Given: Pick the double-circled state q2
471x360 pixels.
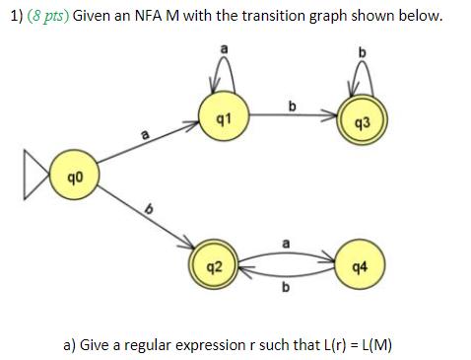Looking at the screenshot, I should pyautogui.click(x=214, y=265).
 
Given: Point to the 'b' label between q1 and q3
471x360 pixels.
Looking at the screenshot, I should pyautogui.click(x=291, y=106).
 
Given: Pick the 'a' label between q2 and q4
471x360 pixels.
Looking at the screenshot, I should pyautogui.click(x=286, y=240).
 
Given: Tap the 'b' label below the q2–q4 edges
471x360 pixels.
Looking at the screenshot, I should pyautogui.click(x=286, y=288).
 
